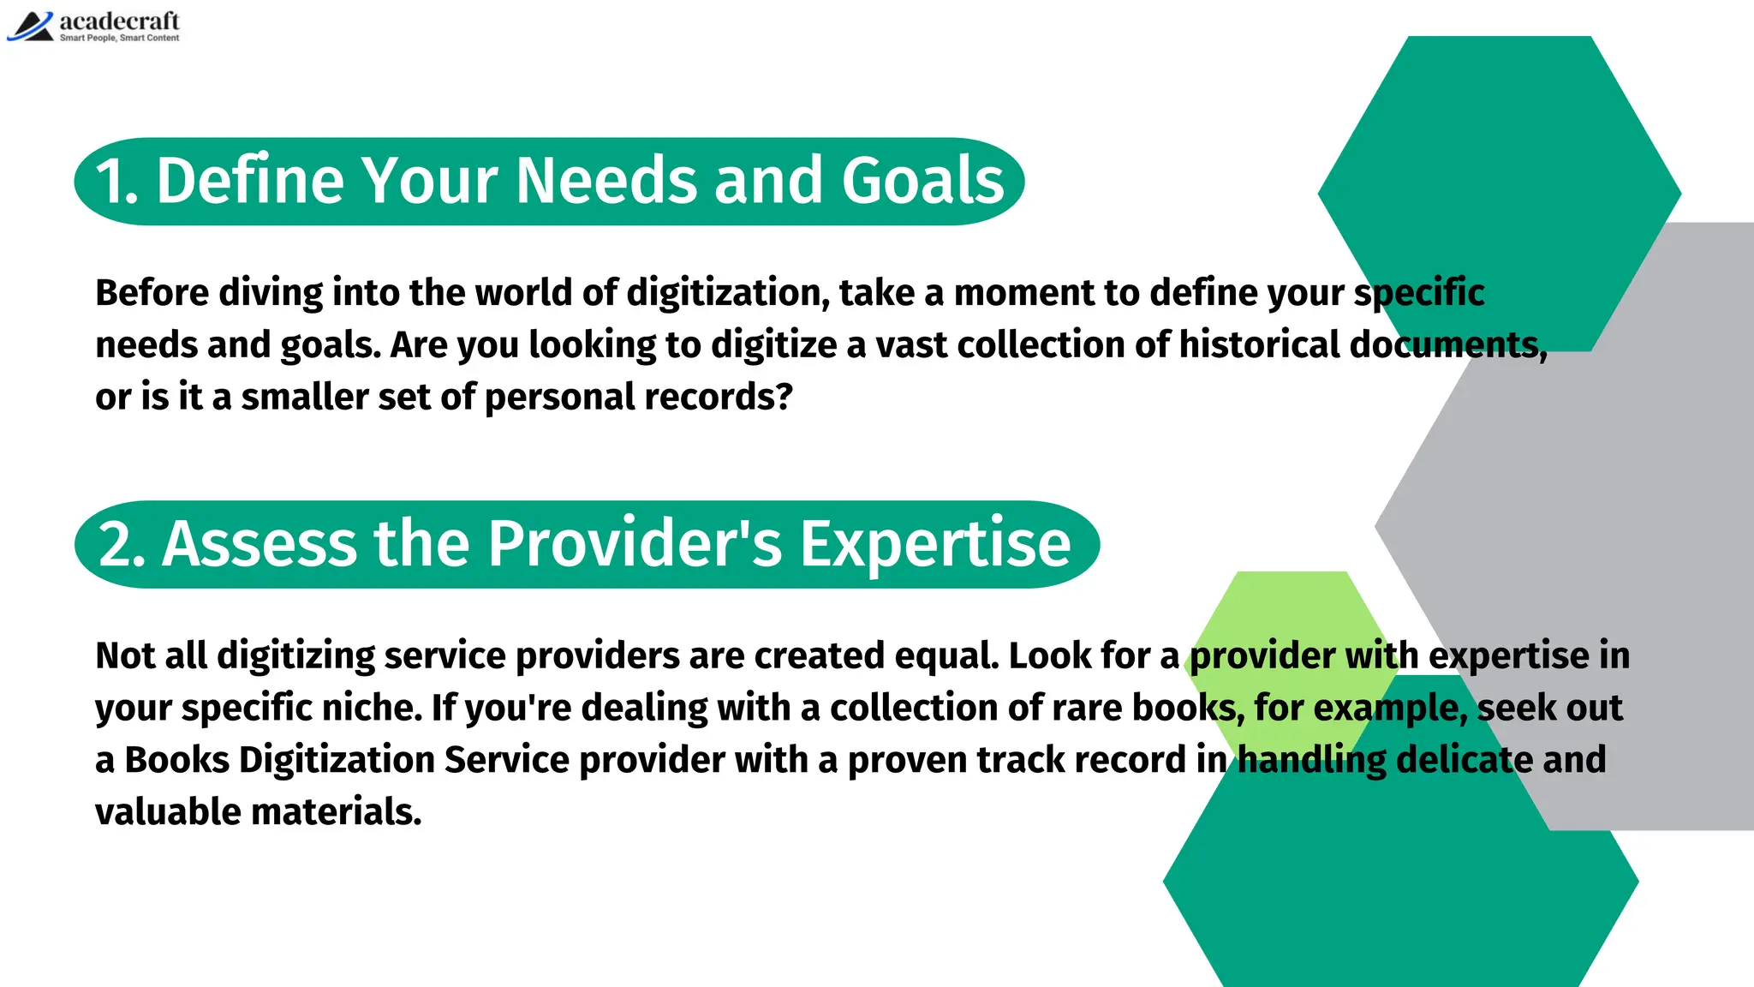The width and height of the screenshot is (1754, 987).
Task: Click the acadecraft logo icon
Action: click(x=30, y=27)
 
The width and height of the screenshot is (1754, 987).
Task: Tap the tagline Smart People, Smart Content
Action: click(x=119, y=38)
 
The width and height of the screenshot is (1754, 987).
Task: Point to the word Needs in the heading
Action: click(x=606, y=181)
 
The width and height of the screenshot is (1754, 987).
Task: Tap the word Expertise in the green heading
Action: click(x=935, y=545)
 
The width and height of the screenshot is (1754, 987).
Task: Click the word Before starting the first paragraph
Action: click(x=152, y=293)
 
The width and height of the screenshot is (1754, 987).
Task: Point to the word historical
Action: click(x=1258, y=345)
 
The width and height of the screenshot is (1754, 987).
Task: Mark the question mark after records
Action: click(x=785, y=398)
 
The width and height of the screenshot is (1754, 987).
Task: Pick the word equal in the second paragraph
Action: click(x=946, y=656)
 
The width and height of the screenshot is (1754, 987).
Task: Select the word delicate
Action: click(x=1464, y=761)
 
